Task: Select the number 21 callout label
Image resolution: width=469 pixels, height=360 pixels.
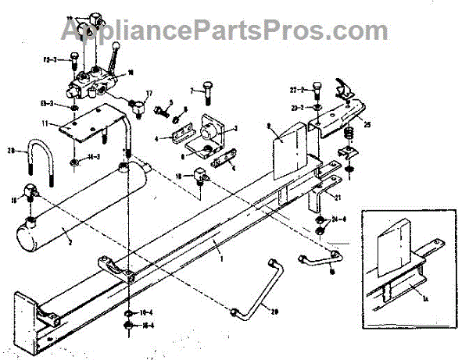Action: click(338, 195)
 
